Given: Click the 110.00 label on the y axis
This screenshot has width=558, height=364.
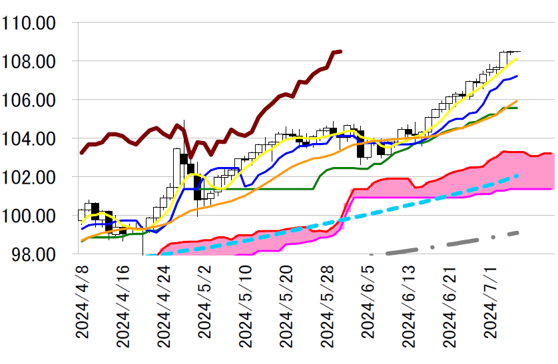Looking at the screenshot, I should point(39,23).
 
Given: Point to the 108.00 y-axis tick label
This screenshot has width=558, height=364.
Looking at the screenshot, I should point(39,62).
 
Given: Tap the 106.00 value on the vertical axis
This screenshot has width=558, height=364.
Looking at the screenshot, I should point(39,100).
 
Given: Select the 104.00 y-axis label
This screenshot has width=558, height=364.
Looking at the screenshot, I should point(39,139).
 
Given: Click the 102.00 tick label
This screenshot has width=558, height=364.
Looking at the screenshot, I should point(39,178).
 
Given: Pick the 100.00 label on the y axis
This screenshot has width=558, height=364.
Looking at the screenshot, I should point(39,216).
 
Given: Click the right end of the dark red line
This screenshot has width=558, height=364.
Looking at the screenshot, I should point(340,51).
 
